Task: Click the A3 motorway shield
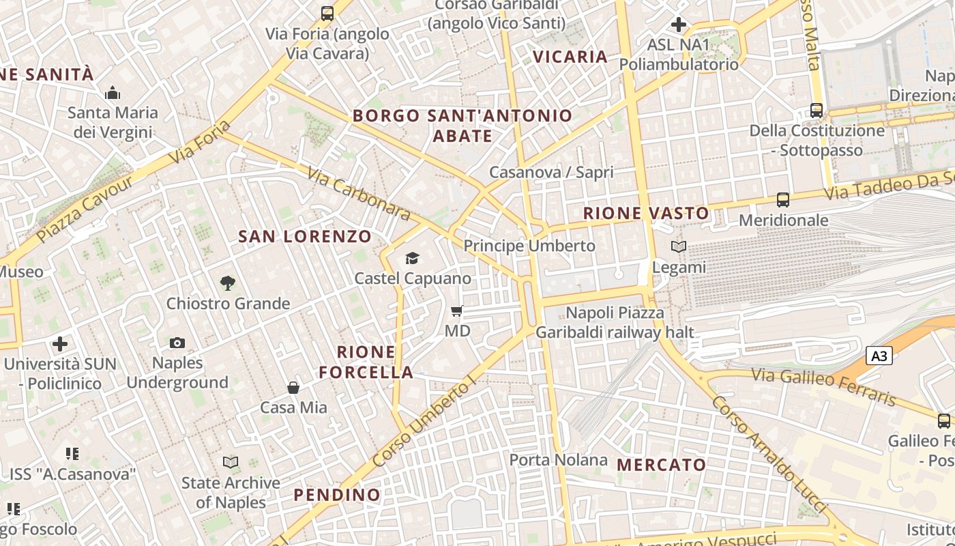coord(880,356)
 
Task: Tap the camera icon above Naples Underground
coord(177,343)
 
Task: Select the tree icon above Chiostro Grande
coord(228,283)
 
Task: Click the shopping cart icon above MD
coord(457,311)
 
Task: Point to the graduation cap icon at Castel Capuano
coord(412,258)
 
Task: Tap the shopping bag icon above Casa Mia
coord(293,388)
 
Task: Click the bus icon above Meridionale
coord(783,200)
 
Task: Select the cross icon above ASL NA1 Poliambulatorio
coord(678,25)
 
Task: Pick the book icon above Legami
coord(678,247)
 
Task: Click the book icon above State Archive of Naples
coord(231,463)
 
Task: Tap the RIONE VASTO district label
coord(646,214)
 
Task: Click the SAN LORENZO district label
coord(305,237)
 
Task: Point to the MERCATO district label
coord(661,465)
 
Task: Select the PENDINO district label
coord(337,495)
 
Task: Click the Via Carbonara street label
coord(359,195)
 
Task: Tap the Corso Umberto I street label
coord(424,424)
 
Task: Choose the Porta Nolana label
coord(558,460)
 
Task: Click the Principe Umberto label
coord(529,246)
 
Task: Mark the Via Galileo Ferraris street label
coord(823,386)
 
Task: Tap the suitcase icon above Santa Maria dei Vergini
coord(113,93)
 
